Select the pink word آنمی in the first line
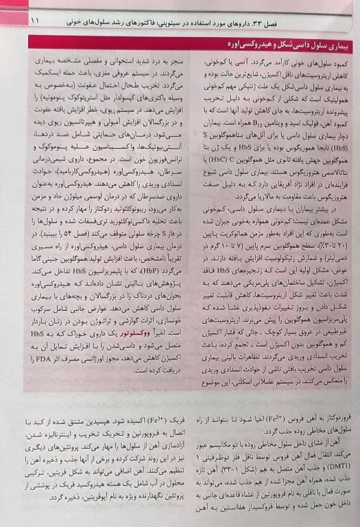click(249, 61)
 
